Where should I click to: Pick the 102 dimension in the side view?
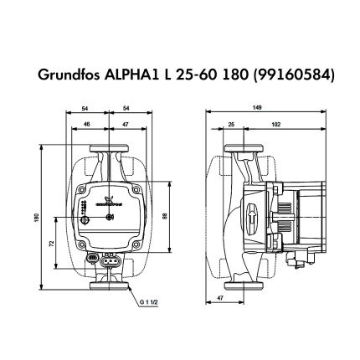pos(276,123)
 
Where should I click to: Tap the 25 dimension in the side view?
pos(230,123)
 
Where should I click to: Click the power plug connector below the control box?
pos(110,260)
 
